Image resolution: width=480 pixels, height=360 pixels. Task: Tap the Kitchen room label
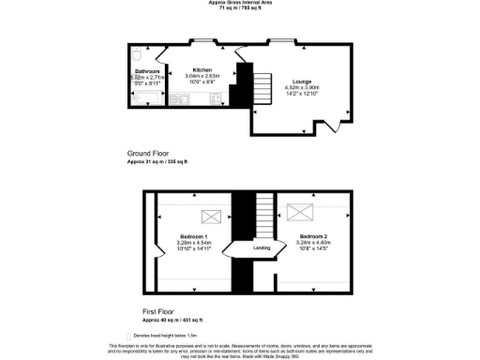point(202,70)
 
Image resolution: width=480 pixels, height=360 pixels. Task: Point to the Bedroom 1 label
point(194,236)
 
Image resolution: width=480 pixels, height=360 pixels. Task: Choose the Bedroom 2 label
point(313,235)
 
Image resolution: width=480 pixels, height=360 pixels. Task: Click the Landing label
point(262,249)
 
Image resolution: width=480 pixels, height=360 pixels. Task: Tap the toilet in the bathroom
point(138,53)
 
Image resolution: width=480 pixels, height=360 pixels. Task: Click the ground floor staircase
point(258,88)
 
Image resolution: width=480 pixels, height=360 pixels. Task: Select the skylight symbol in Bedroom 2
point(300,211)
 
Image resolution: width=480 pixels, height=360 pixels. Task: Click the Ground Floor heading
point(146,154)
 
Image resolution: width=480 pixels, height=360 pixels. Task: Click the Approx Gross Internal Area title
point(239,3)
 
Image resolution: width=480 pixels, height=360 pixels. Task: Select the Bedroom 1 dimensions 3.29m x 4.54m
point(194,243)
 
